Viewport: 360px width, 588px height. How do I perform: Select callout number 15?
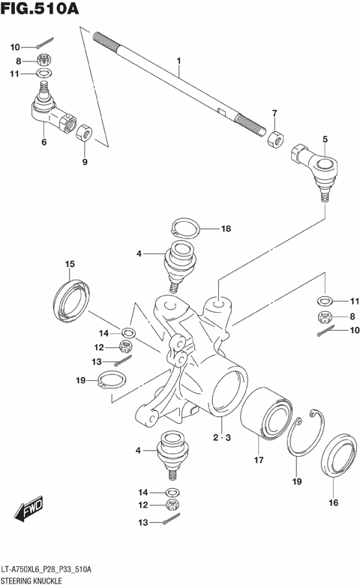[x=70, y=264]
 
